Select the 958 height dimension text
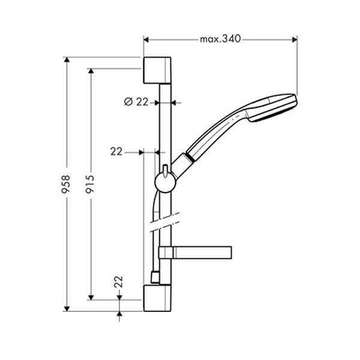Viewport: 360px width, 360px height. pos(67,184)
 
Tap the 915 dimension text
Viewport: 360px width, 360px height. pos(91,184)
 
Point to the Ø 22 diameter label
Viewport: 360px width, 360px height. pos(136,102)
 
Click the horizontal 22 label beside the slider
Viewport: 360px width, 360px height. pos(116,152)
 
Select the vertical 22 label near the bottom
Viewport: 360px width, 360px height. pos(119,281)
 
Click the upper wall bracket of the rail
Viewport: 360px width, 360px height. pos(157,70)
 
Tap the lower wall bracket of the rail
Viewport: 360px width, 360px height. pos(157,298)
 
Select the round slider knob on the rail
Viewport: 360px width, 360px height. pos(163,181)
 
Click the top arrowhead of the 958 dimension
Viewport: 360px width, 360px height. pos(67,60)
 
